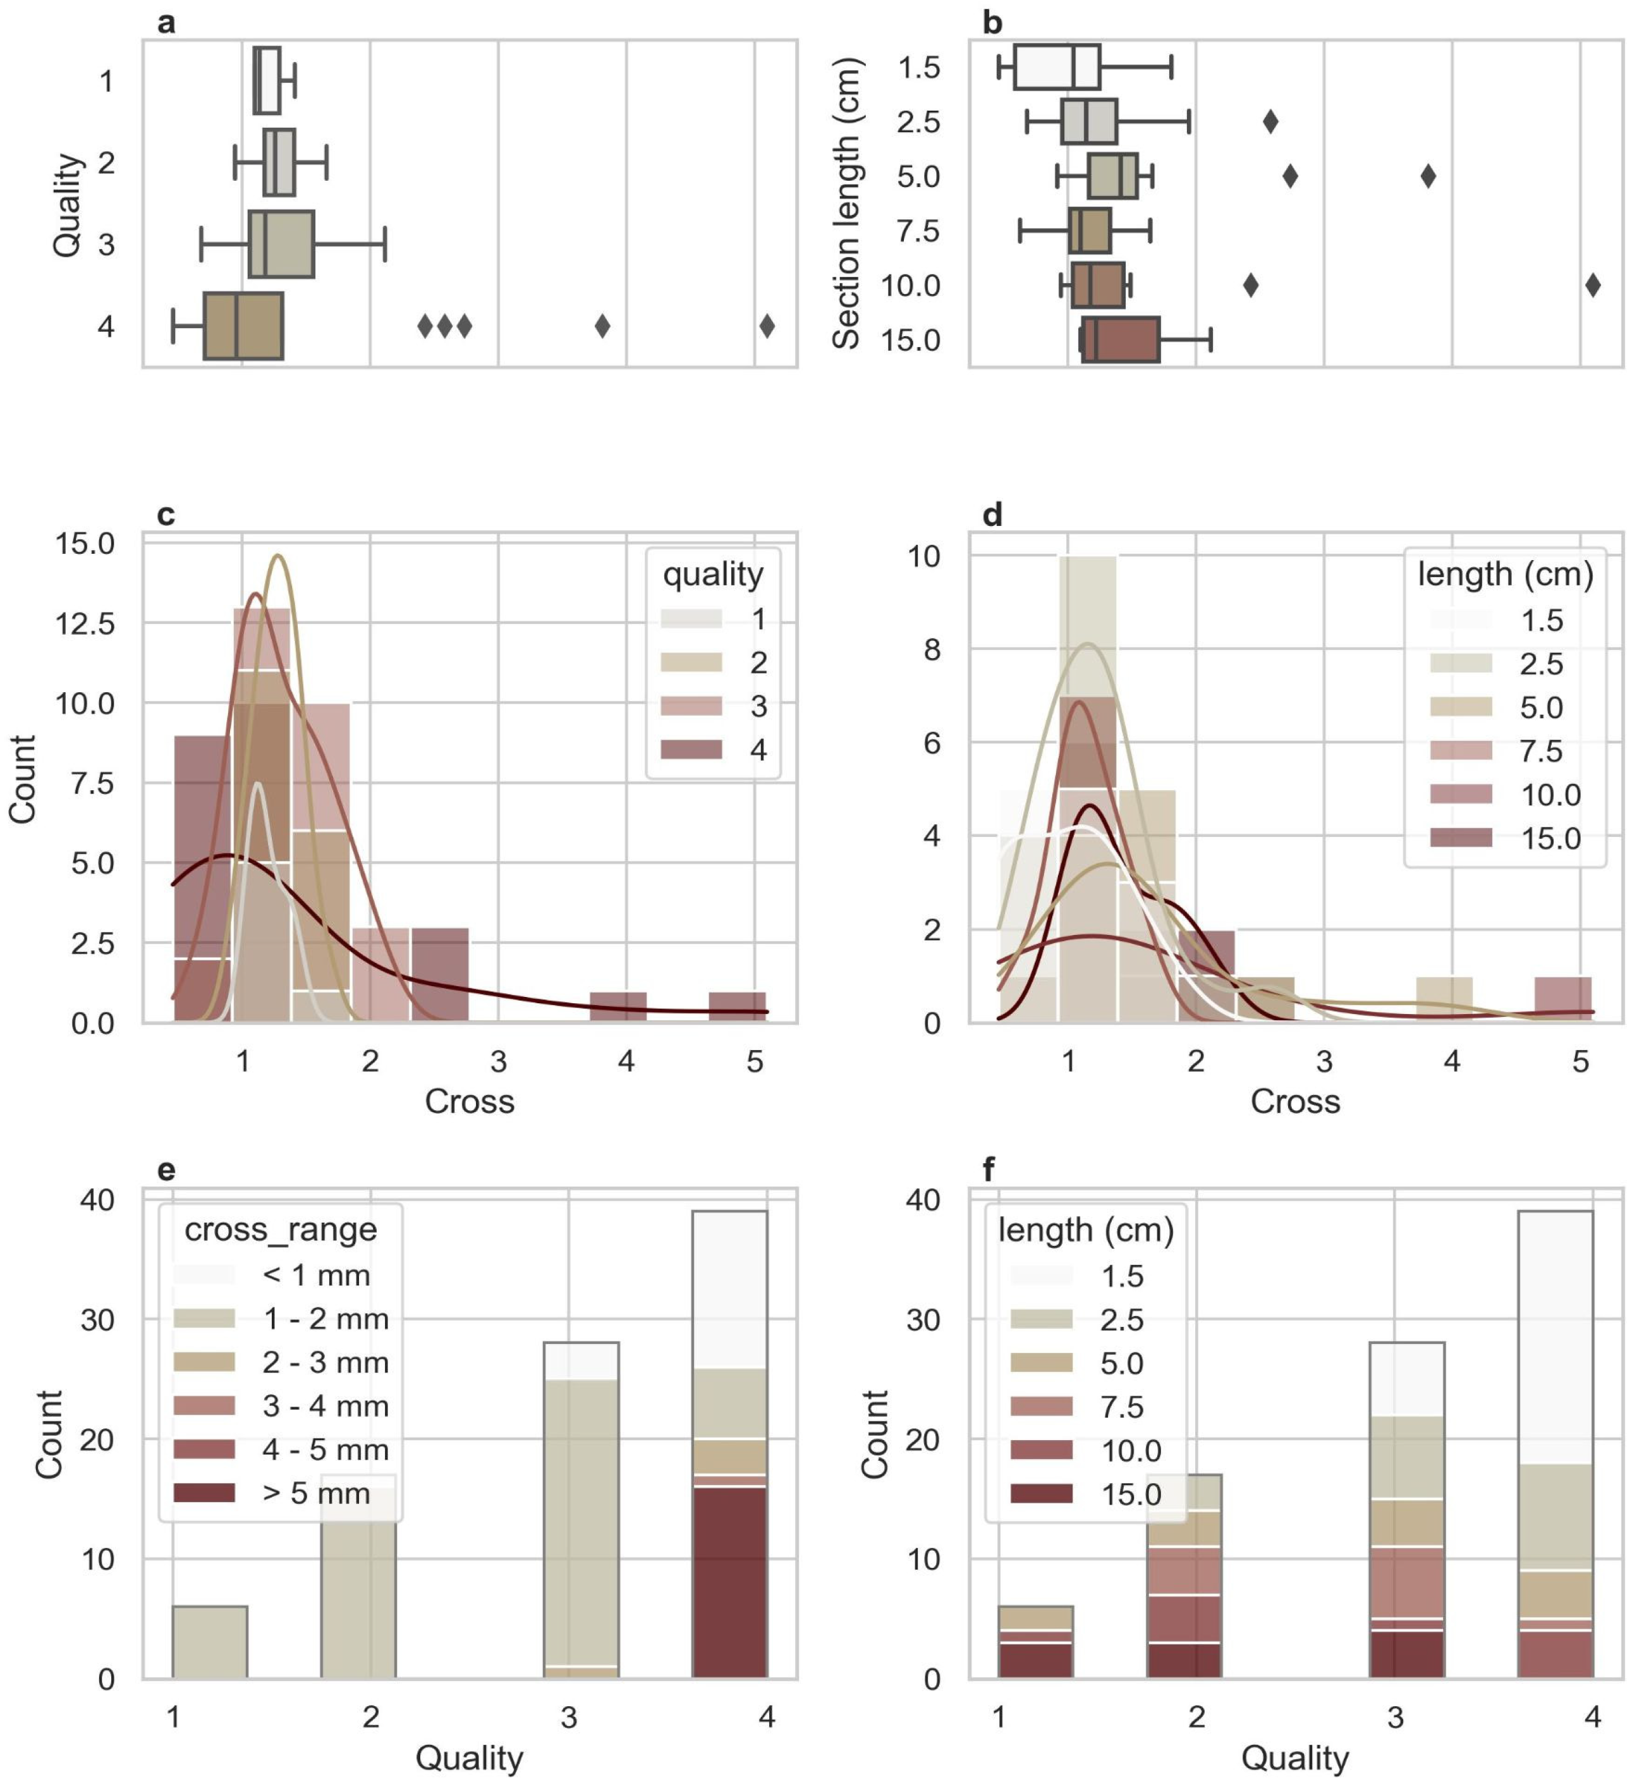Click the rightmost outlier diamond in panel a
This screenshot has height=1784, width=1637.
767,326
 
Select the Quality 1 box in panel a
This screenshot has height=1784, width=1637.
267,81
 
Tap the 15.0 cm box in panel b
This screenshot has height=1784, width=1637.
1120,340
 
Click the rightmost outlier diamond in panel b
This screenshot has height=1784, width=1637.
1593,285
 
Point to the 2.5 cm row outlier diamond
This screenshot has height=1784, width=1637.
1270,121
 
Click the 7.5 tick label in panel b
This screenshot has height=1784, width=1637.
918,231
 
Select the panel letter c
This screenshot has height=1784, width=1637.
166,515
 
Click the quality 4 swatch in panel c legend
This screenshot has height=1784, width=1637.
691,749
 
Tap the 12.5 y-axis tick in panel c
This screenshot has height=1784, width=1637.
85,623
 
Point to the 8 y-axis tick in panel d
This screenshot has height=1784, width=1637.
931,649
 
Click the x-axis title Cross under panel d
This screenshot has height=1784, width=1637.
1295,1101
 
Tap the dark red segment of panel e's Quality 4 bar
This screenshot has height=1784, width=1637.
729,1582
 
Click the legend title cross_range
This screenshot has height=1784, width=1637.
281,1230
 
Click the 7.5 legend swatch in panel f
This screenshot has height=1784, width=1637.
1042,1406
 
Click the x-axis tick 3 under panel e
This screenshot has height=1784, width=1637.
569,1718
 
